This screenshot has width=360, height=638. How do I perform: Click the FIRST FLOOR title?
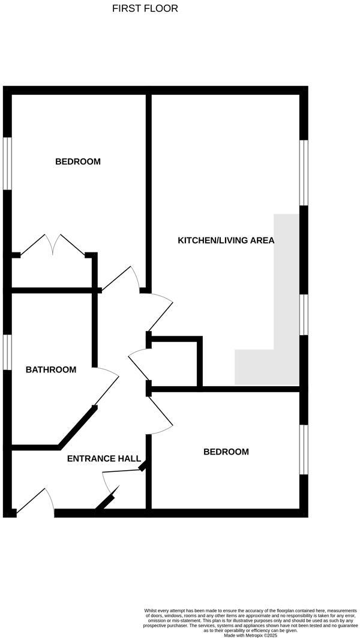(x=145, y=9)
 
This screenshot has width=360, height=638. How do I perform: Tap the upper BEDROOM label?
(x=78, y=161)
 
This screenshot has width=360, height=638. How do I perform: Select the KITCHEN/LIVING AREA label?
(x=226, y=240)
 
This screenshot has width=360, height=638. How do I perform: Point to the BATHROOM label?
(x=51, y=369)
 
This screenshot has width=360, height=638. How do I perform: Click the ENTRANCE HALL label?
(x=99, y=459)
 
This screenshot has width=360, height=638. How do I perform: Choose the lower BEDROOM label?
(x=226, y=452)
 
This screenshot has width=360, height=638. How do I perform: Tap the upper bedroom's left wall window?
(x=7, y=164)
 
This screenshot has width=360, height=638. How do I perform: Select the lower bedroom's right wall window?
(x=304, y=450)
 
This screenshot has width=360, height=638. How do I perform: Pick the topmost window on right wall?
(x=304, y=173)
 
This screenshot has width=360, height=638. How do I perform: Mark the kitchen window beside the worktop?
(x=304, y=314)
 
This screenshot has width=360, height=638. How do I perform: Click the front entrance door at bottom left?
(x=35, y=502)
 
